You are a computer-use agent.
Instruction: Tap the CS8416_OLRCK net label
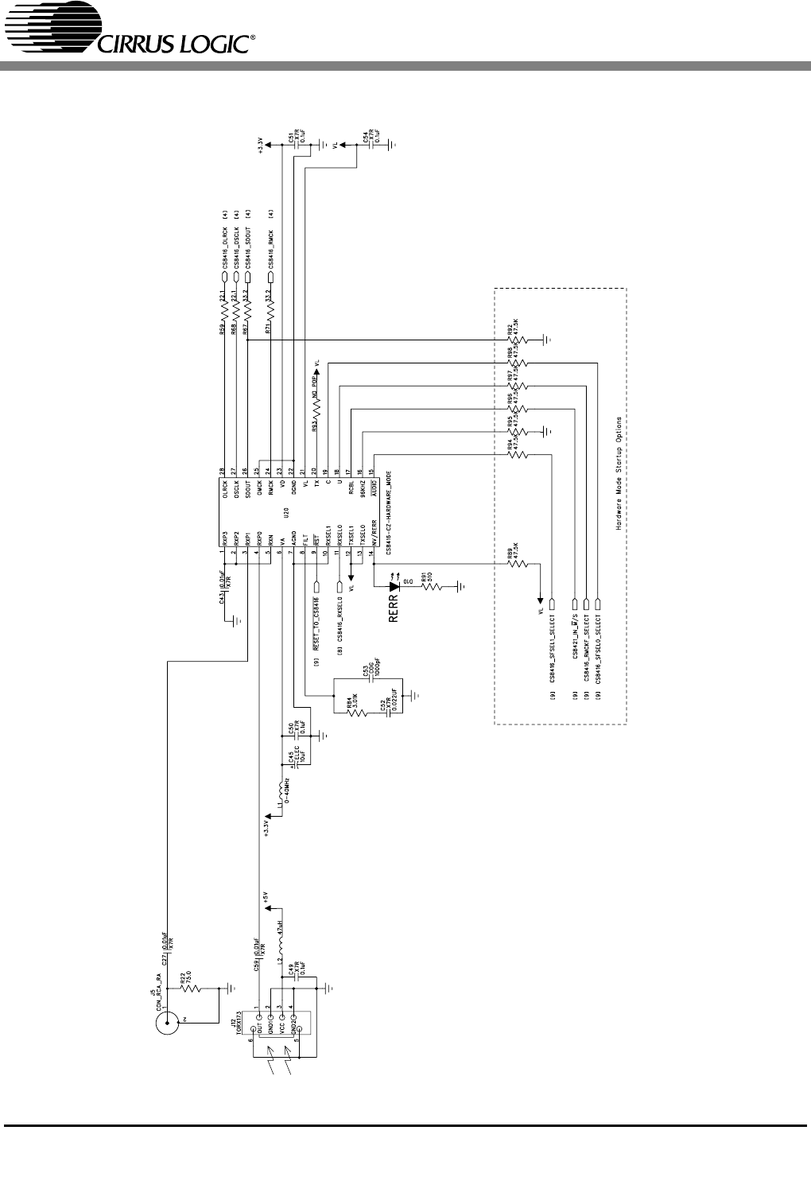pyautogui.click(x=225, y=243)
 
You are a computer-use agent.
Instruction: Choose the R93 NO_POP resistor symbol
pyautogui.click(x=317, y=405)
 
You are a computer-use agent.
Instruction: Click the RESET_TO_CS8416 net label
pyautogui.click(x=316, y=622)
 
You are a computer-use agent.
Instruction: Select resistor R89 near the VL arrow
pyautogui.click(x=517, y=563)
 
